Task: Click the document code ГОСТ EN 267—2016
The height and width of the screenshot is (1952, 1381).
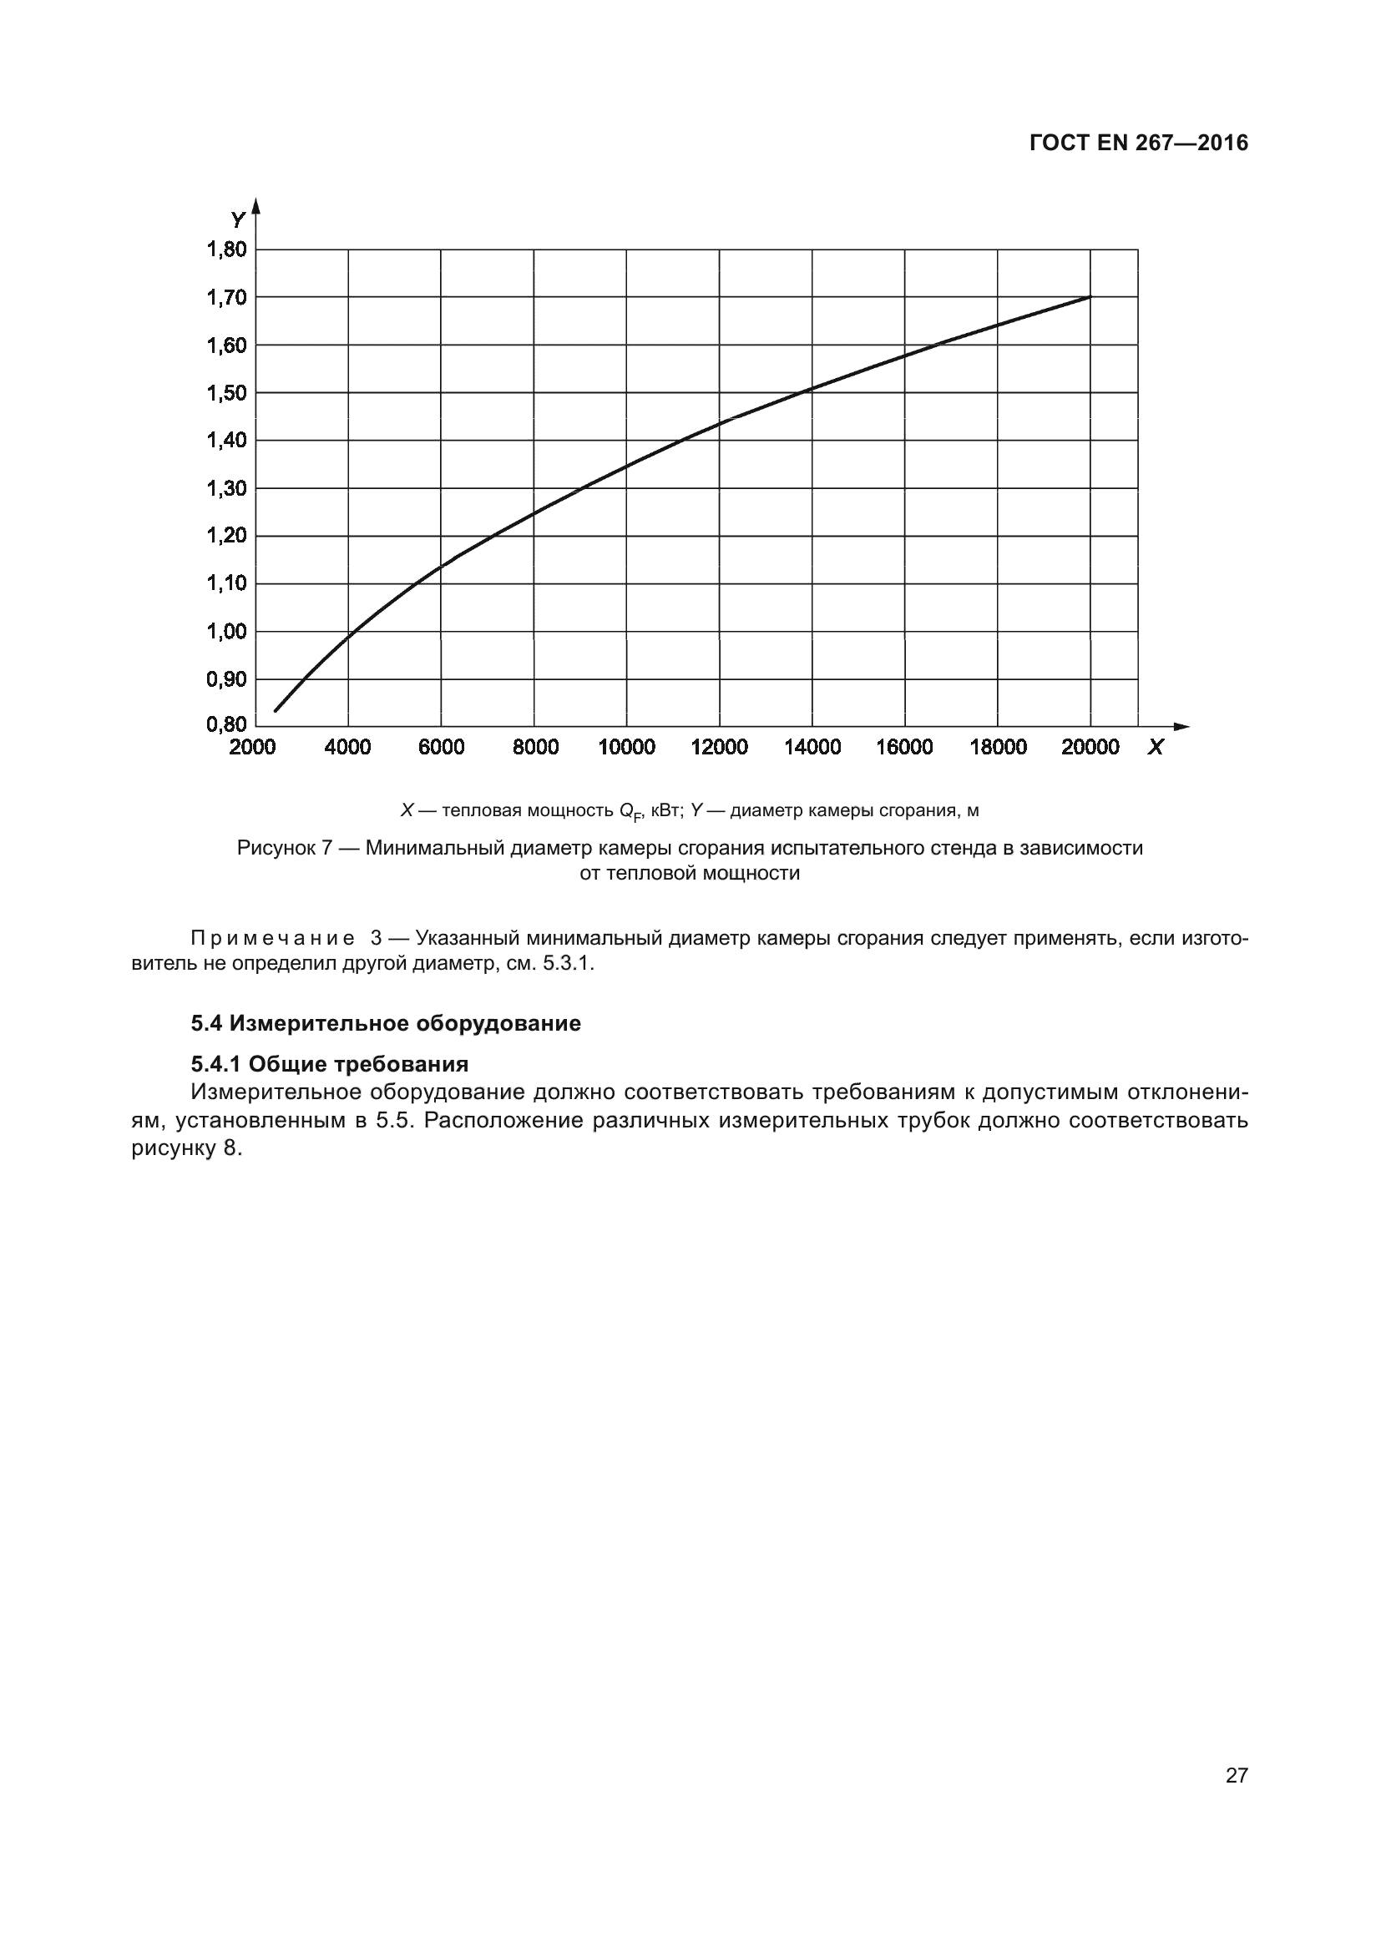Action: pos(1138,143)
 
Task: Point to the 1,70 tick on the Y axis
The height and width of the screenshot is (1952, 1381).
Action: pos(226,298)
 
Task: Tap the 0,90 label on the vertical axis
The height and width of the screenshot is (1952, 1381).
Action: pos(226,679)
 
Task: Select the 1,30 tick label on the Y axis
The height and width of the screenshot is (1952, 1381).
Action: pos(226,488)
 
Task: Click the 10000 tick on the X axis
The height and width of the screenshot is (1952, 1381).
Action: pos(627,747)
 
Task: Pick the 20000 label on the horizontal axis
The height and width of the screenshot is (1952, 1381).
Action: pos(1090,747)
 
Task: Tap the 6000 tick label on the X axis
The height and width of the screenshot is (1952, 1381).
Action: pos(442,747)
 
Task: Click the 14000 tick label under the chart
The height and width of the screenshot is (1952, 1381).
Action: pos(812,747)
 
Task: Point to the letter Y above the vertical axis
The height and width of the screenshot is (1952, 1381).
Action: pos(237,220)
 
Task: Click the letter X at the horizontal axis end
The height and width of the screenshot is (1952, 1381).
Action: pos(1155,747)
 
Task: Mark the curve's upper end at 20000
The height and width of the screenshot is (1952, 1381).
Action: pos(1090,297)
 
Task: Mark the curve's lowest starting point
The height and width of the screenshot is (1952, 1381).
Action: pos(276,710)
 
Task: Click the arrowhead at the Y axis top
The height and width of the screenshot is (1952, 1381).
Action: pos(256,205)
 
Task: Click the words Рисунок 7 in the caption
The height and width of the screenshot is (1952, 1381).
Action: pos(284,848)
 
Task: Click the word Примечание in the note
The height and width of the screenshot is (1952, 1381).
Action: pos(273,939)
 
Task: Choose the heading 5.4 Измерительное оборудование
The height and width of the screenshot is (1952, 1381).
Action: pos(385,1023)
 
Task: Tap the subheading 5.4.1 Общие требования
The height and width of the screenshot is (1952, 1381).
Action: pos(329,1064)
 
